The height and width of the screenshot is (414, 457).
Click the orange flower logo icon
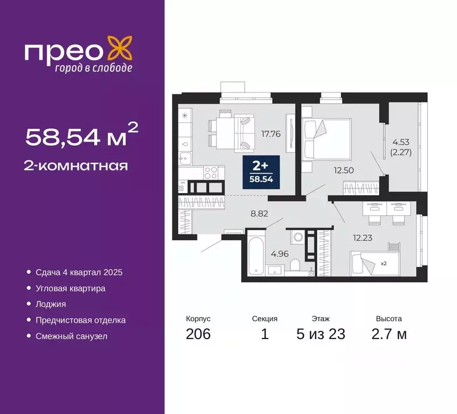[119, 49]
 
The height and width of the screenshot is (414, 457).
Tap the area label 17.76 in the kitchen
[270, 134]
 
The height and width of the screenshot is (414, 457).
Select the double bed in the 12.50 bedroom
[327, 139]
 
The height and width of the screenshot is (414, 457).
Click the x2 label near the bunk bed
[384, 264]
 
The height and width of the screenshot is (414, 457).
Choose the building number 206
[198, 334]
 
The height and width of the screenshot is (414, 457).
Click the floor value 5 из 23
[320, 334]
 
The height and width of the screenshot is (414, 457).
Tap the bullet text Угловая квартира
[70, 288]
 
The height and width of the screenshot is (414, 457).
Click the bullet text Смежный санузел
[71, 336]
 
